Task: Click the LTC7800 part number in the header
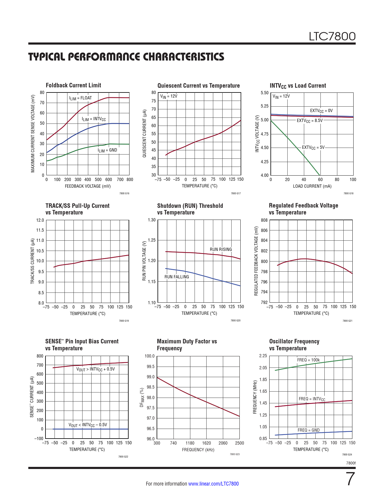tap(332, 36)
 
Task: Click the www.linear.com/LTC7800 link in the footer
tap(213, 484)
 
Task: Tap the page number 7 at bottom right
tap(350, 479)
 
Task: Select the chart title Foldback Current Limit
tap(73, 85)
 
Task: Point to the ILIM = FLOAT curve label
tap(80, 98)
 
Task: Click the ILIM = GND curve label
tap(108, 150)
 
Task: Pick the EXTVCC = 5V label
tap(313, 148)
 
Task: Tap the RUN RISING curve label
tap(221, 249)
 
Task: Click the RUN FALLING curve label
tap(177, 277)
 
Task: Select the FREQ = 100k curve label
tap(308, 360)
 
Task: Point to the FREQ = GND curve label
tap(309, 430)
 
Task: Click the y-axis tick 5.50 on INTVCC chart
tap(264, 93)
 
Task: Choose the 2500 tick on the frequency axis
tap(239, 443)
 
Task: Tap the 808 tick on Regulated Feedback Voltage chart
tap(264, 220)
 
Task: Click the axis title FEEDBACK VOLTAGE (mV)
tap(88, 186)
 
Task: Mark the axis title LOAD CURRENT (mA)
tap(312, 186)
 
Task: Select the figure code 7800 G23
tap(235, 454)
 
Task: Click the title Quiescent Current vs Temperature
tap(198, 86)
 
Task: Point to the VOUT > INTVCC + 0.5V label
tap(95, 369)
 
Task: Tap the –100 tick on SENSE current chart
tap(39, 439)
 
